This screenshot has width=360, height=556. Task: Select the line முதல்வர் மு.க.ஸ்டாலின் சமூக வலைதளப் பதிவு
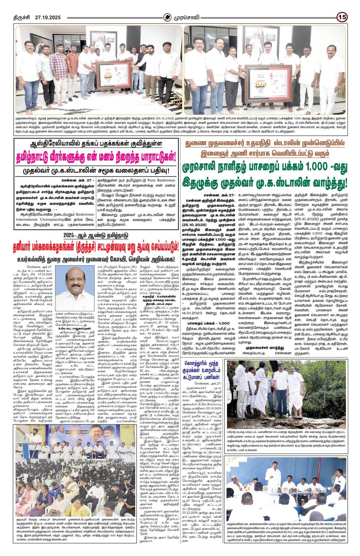click(98, 170)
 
